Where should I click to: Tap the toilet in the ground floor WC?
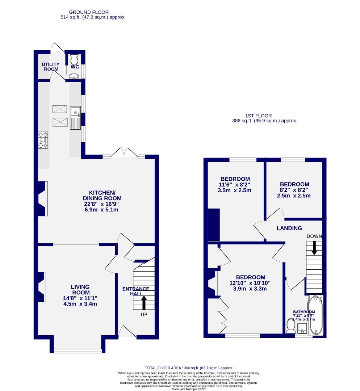[x=74, y=59]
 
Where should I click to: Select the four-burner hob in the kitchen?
[x=43, y=140]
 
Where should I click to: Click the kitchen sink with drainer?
[x=76, y=118]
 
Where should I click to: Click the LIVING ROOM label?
[x=80, y=290]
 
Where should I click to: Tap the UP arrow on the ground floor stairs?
[x=144, y=302]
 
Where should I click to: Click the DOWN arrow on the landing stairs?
[x=314, y=247]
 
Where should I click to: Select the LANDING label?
[x=289, y=228]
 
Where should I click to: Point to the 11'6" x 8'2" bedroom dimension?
[x=235, y=185]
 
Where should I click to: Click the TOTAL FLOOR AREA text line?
[x=189, y=368]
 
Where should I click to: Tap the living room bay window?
[x=78, y=350]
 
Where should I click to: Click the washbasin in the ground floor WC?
[x=74, y=76]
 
